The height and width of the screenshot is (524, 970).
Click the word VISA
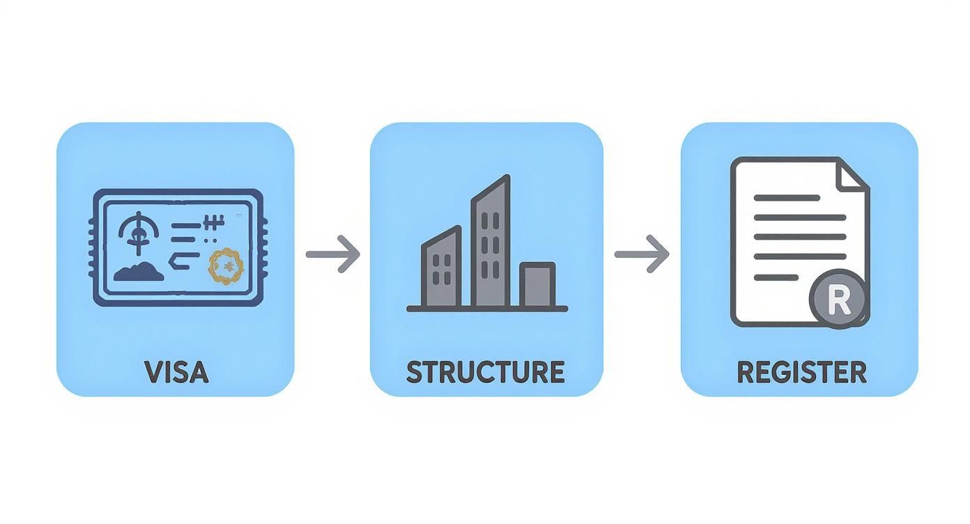[x=176, y=372]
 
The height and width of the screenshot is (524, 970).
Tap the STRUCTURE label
[x=486, y=372]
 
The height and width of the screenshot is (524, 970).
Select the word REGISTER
[x=802, y=372]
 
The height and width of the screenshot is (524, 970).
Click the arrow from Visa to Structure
[x=332, y=254]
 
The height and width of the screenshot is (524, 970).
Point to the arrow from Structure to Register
[x=642, y=254]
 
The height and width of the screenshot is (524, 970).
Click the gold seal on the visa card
[x=226, y=266]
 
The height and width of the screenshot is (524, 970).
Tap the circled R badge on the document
[x=838, y=299]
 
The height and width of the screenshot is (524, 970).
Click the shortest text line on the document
[x=776, y=277]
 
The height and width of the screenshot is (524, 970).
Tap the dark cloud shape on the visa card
[x=139, y=272]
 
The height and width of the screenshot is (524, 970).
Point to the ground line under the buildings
[x=487, y=309]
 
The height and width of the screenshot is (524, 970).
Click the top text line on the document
[x=787, y=198]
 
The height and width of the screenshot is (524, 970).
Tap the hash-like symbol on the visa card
[x=214, y=223]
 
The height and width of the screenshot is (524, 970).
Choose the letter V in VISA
[x=154, y=372]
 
